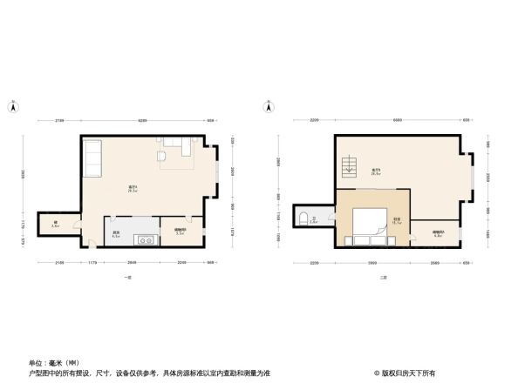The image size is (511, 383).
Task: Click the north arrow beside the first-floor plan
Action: tap(12, 108)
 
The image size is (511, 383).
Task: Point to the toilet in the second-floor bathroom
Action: tap(302, 217)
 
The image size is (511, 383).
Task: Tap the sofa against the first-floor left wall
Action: tap(92, 158)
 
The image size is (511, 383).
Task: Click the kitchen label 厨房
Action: tap(115, 233)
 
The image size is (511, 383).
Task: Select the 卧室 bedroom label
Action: tap(397, 219)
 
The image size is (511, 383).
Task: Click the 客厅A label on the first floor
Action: tap(133, 189)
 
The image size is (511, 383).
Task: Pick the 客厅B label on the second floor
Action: tap(376, 171)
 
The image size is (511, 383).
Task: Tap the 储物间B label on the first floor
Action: tap(180, 232)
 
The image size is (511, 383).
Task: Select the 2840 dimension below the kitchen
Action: tap(132, 262)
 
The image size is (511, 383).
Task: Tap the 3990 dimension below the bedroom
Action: tap(371, 263)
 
